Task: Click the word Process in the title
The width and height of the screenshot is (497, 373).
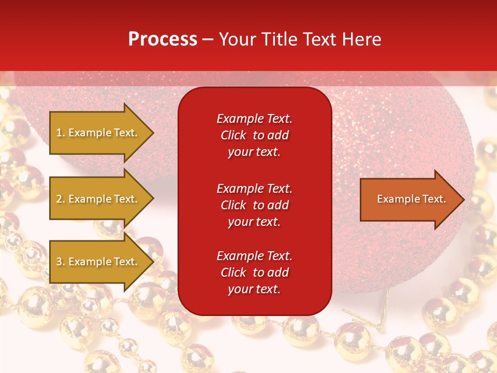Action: (163, 39)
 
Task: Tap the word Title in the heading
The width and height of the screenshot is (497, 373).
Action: (279, 39)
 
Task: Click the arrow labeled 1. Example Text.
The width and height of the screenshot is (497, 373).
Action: (102, 133)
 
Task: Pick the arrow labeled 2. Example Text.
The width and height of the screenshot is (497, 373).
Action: (102, 198)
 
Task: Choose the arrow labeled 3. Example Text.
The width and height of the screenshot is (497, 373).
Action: (102, 262)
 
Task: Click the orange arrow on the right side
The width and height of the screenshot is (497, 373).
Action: (413, 199)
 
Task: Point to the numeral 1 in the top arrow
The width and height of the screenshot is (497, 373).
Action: (59, 133)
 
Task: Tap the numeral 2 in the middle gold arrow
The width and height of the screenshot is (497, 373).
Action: (59, 199)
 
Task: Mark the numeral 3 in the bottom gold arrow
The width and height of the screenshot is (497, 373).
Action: (59, 262)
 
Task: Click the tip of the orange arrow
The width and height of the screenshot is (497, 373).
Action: (465, 199)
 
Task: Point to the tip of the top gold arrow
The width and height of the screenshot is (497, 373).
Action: (154, 133)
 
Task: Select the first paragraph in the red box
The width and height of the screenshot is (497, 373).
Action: (255, 135)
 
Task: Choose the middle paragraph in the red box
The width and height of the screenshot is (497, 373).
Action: (255, 205)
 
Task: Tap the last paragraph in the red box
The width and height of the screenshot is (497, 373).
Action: (255, 272)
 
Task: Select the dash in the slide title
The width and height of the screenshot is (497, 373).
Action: (208, 40)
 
